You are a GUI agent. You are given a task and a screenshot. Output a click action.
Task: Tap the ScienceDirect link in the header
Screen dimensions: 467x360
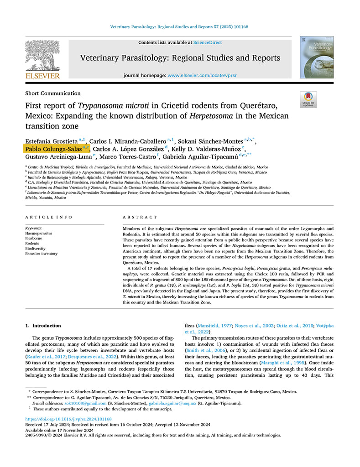(x=208, y=42)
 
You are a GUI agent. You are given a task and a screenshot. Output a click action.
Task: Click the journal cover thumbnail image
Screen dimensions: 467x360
(x=316, y=57)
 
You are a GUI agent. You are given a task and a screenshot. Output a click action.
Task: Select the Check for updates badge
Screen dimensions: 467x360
(x=308, y=99)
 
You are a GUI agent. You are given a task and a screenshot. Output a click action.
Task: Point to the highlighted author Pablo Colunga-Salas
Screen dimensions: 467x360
(x=53, y=149)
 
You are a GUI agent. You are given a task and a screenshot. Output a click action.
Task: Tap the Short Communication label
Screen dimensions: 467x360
(x=53, y=93)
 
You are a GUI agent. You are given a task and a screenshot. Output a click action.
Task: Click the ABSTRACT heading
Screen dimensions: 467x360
(x=140, y=217)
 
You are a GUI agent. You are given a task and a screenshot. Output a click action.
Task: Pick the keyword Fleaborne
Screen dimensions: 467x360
(x=34, y=238)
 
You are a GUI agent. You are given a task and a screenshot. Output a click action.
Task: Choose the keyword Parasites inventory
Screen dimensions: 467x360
(x=41, y=253)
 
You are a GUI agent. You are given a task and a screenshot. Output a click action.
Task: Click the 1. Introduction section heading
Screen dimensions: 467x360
(x=43, y=326)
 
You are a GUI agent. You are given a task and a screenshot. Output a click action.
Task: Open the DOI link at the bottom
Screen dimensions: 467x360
(x=68, y=419)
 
